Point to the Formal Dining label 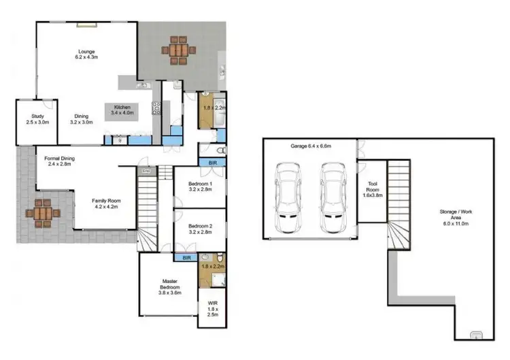coord(59,161)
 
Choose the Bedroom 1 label coord(201,188)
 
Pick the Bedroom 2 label coord(201,229)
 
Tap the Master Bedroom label coord(170,287)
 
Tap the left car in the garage coord(287,198)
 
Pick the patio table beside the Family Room coord(43,213)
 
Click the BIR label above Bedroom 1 coord(212,163)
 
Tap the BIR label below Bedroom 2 coord(186,258)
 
